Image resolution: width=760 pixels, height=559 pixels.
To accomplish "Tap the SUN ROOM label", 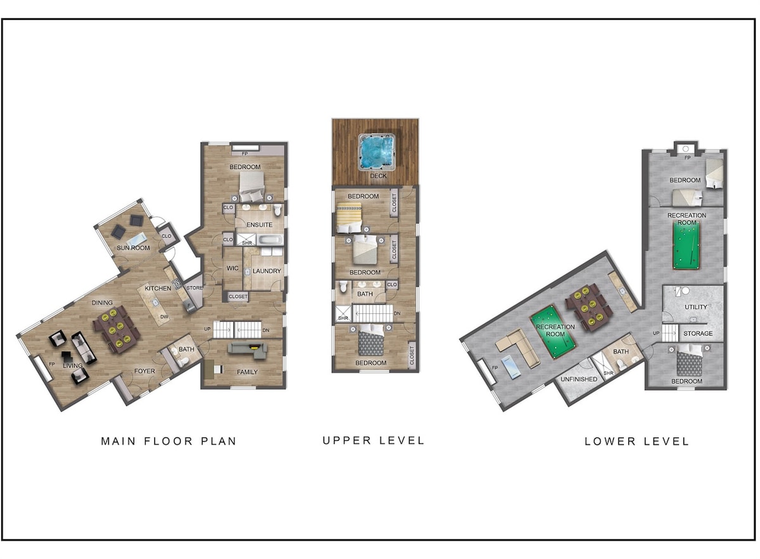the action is click(133, 248).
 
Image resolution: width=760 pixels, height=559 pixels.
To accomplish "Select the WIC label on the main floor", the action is click(232, 268).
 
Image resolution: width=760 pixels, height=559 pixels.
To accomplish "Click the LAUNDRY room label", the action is click(267, 271).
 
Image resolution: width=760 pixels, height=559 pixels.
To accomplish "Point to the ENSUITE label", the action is click(259, 225).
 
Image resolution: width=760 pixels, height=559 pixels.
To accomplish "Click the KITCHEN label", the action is click(158, 288).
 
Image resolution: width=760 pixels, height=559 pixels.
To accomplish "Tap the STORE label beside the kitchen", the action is click(194, 288).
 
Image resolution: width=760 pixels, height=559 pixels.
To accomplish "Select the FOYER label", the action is click(144, 371).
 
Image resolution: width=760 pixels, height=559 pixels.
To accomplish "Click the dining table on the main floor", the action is click(117, 329).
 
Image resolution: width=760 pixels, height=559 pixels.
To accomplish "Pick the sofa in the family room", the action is click(247, 350).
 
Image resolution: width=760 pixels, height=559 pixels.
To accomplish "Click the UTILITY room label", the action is click(695, 307).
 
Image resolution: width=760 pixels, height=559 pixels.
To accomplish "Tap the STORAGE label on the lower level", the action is click(698, 334).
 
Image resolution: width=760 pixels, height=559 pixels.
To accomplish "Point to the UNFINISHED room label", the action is click(579, 379).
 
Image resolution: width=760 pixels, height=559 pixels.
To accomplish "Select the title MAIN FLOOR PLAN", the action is click(168, 441).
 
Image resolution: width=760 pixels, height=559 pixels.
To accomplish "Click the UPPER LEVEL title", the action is click(374, 441).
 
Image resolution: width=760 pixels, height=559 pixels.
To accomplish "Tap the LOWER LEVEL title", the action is click(637, 441).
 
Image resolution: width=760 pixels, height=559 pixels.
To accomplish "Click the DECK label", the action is click(378, 176).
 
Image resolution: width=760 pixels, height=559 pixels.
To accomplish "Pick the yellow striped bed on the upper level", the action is click(349, 217).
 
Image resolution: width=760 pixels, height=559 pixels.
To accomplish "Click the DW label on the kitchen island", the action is click(164, 317).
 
